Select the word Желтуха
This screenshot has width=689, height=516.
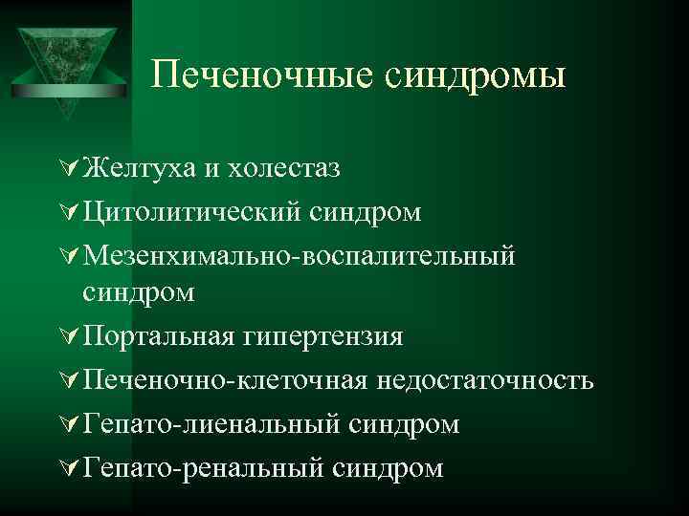coord(139,168)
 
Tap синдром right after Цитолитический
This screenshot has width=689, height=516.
coord(365,211)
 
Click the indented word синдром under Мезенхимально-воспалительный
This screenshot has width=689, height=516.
coord(139,293)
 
